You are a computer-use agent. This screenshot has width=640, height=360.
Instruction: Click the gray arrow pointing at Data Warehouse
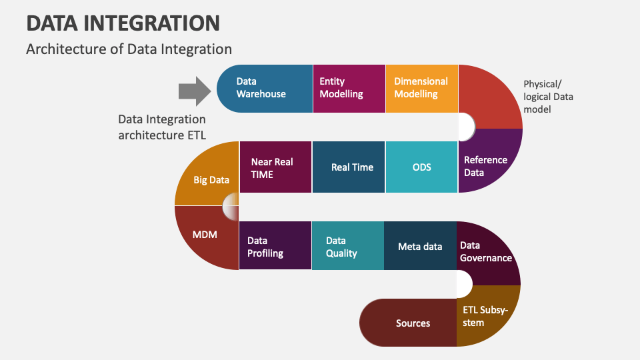[x=195, y=91]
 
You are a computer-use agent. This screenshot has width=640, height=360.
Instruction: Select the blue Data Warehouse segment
[x=265, y=89]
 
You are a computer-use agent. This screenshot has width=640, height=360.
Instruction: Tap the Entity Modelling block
[x=349, y=89]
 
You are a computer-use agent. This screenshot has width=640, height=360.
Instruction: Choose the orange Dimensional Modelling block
[x=421, y=89]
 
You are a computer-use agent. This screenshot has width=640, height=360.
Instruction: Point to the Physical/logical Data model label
[x=548, y=97]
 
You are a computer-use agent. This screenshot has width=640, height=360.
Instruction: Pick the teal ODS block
[x=421, y=167]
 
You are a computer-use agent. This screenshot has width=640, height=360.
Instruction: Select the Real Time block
[x=349, y=167]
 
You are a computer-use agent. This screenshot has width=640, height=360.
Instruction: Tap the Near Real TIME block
[x=275, y=167]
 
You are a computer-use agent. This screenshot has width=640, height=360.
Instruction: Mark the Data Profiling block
[x=275, y=245]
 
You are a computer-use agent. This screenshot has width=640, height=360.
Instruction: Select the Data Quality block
[x=348, y=245]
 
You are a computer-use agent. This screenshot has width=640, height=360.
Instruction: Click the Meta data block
[x=420, y=245]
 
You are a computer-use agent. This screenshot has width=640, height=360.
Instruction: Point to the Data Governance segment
[x=488, y=251]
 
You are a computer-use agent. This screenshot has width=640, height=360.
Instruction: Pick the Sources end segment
[x=408, y=323]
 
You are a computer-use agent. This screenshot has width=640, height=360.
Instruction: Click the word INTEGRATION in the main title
[x=152, y=23]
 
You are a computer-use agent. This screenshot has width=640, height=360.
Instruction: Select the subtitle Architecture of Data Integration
[x=129, y=49]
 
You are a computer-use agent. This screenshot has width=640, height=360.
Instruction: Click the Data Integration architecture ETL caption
[x=162, y=127]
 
